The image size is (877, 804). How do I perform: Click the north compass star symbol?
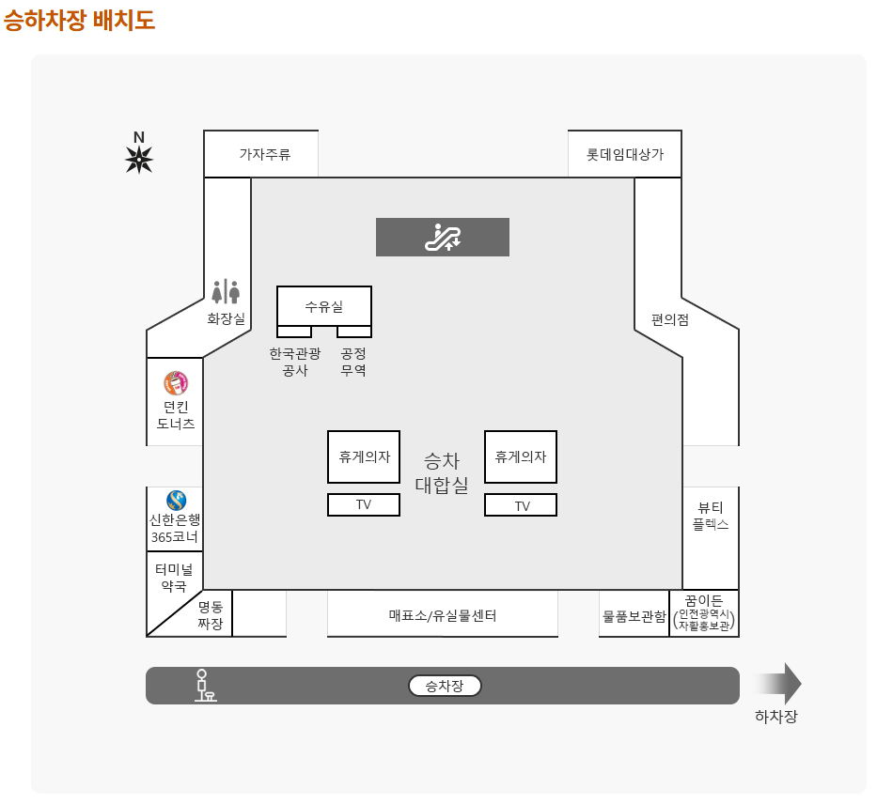139,160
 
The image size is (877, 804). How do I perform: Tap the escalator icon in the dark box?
443,238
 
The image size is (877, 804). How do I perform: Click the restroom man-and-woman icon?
226,292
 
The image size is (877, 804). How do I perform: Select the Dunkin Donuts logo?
176,383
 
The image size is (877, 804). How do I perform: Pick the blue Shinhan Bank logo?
176,500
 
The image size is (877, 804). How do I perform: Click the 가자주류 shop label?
264,154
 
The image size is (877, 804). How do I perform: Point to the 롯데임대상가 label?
625,154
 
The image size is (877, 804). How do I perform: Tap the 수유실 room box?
324,306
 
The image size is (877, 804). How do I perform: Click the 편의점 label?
670,319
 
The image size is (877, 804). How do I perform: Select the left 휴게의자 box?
364,456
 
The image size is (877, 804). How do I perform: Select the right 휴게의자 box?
521,456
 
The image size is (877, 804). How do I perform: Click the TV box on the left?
364,504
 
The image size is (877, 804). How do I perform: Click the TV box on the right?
521,505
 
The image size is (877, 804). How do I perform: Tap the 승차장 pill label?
445,686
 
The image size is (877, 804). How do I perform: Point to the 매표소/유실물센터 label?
443,616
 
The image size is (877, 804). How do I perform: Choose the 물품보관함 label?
634,617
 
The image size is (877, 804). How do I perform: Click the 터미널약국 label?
174,577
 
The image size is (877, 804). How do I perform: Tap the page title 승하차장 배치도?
79,20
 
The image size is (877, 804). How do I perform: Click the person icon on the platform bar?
202,686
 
